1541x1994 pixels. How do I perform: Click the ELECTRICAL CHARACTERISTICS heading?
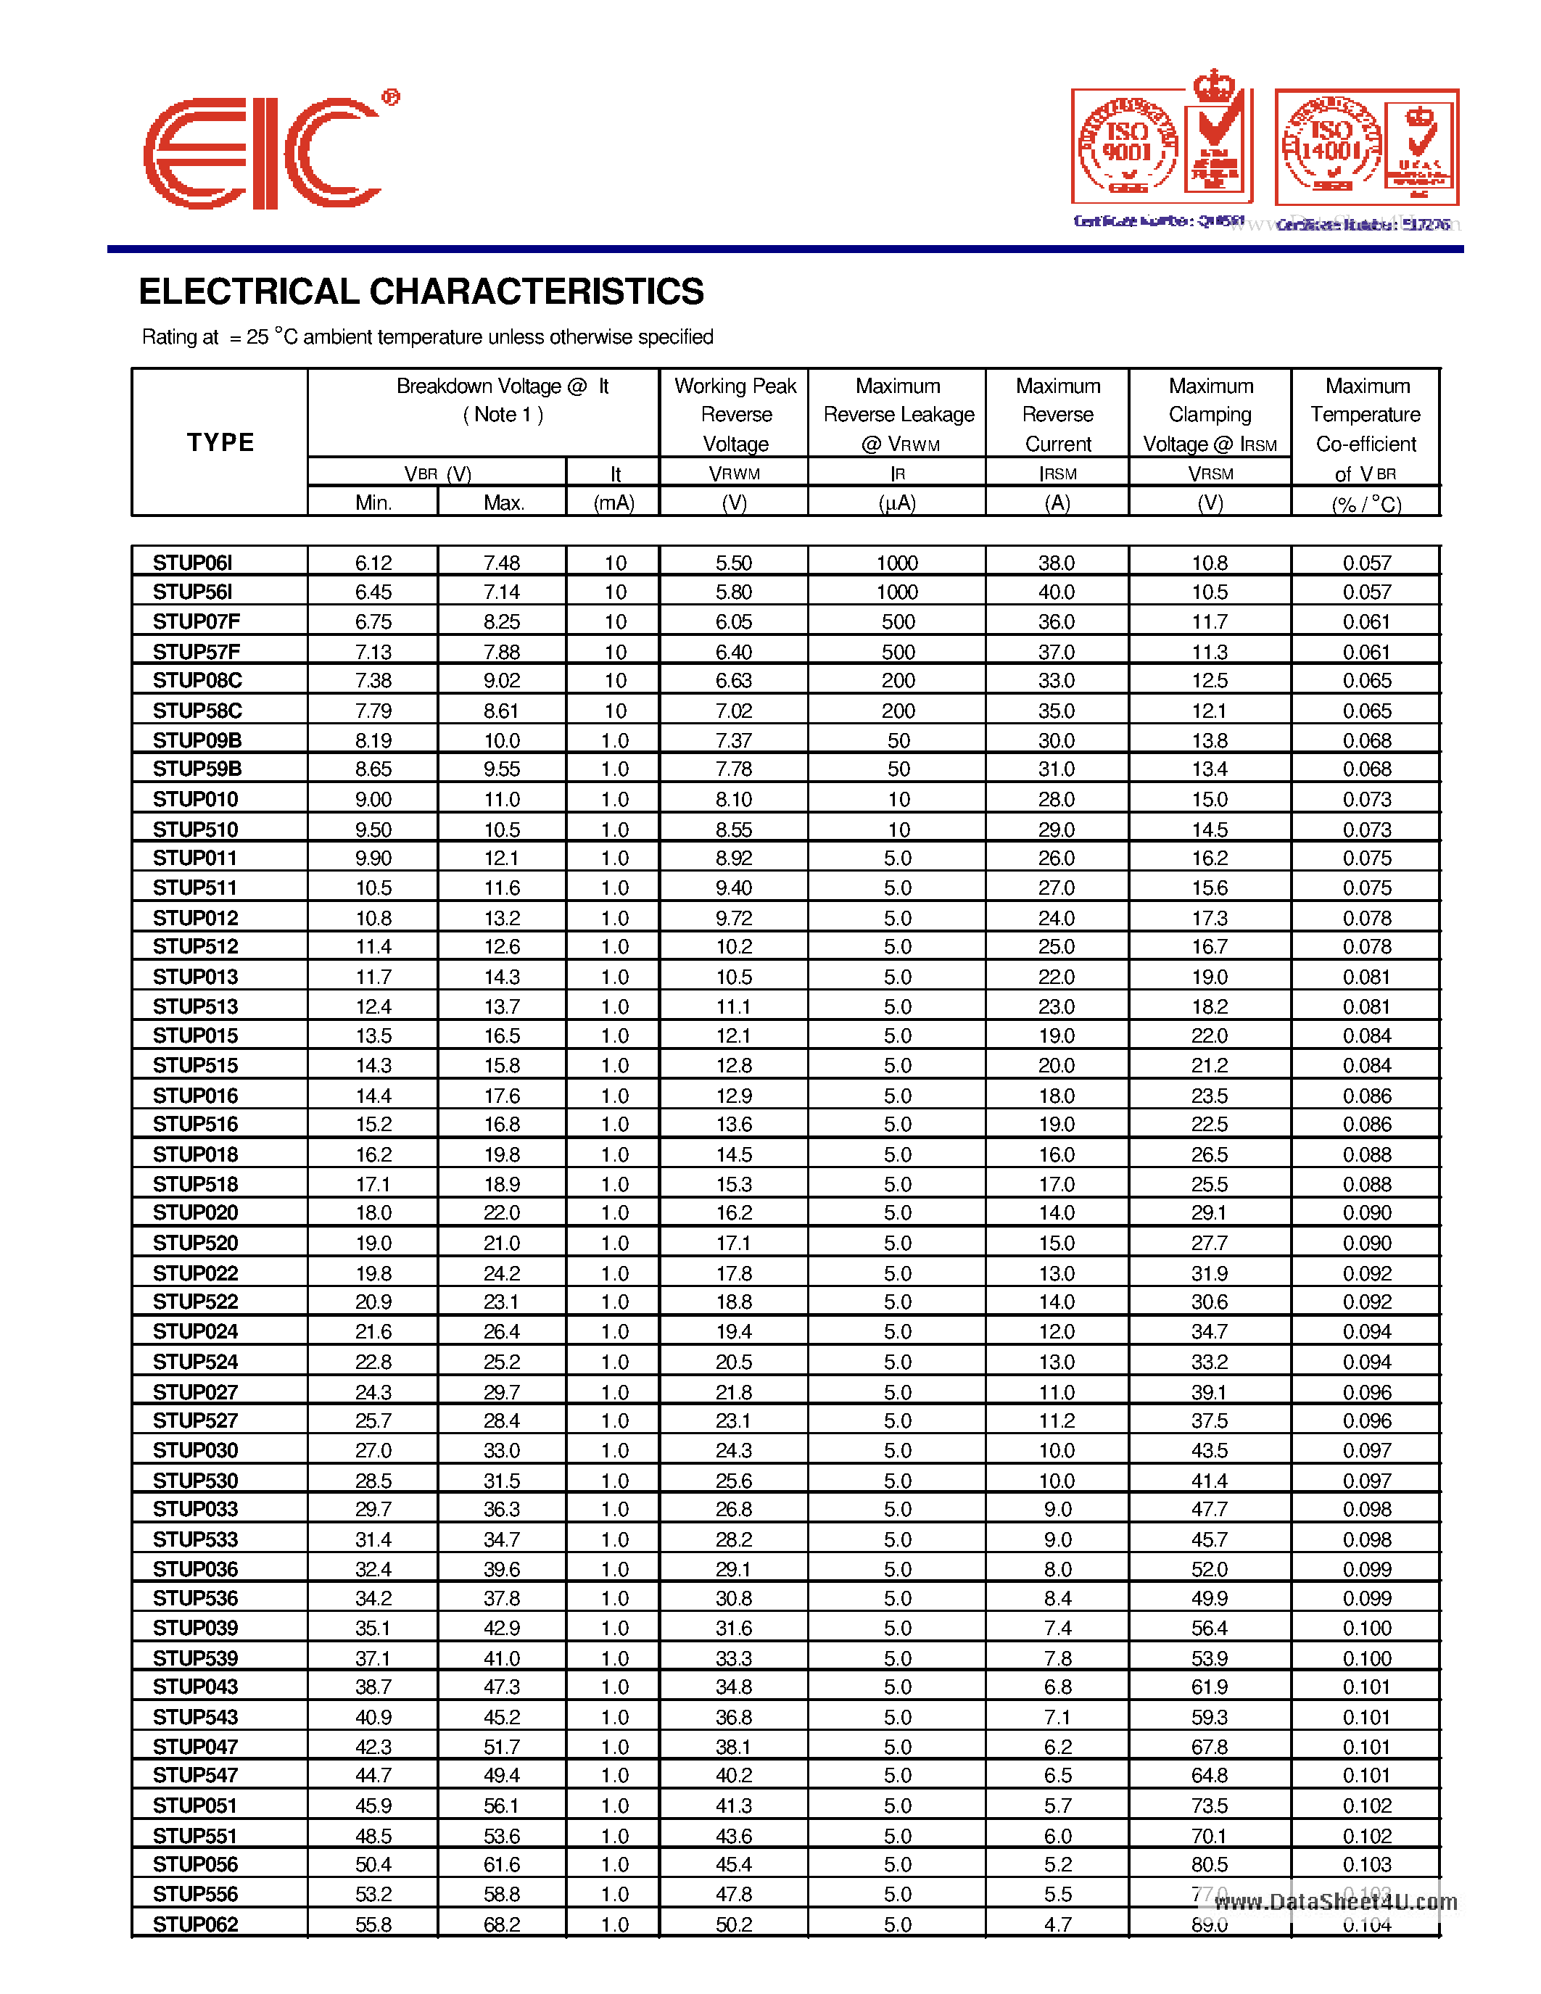tap(421, 292)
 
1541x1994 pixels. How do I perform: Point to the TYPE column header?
tap(220, 443)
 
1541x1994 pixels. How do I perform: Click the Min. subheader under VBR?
tap(373, 503)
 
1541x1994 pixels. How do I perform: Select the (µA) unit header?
tap(896, 503)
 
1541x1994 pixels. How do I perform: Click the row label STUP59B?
tap(197, 769)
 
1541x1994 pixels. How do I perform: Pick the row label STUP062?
tap(194, 1924)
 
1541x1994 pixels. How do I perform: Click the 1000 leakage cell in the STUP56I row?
tap(896, 592)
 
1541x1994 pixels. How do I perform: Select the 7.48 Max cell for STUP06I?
tap(501, 563)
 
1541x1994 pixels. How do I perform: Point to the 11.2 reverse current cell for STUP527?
tap(1057, 1420)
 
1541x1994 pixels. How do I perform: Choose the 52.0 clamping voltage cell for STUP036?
tap(1209, 1569)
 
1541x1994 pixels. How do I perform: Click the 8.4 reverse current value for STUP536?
tap(1057, 1599)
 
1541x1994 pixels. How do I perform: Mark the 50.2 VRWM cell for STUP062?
tap(733, 1924)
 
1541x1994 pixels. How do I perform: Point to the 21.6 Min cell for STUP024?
tap(373, 1332)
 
